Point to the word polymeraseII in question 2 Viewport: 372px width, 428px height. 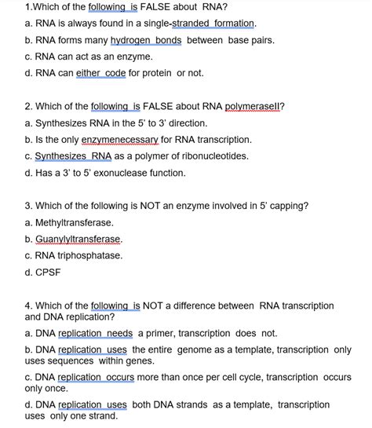tap(254, 107)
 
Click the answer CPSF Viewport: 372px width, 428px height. tap(49, 272)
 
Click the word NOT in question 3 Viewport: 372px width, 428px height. tap(144, 206)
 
